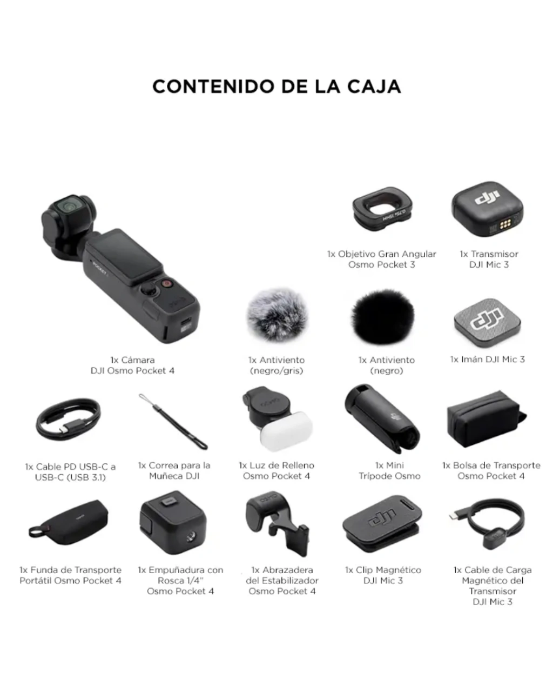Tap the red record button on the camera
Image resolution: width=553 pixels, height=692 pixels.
point(166,283)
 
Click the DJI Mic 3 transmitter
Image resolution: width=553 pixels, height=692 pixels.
point(487,209)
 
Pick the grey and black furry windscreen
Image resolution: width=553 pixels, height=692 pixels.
point(276,315)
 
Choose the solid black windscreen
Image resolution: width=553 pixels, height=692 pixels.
point(382,317)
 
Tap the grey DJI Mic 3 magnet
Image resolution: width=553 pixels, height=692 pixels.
point(487,323)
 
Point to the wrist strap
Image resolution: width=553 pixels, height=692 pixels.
point(173,422)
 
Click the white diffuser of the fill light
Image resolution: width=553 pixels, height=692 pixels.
point(286,431)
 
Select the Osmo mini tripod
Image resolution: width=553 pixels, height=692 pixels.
point(381,418)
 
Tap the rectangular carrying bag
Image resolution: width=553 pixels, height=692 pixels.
point(487,419)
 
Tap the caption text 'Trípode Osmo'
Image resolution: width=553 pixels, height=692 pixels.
point(389,476)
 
